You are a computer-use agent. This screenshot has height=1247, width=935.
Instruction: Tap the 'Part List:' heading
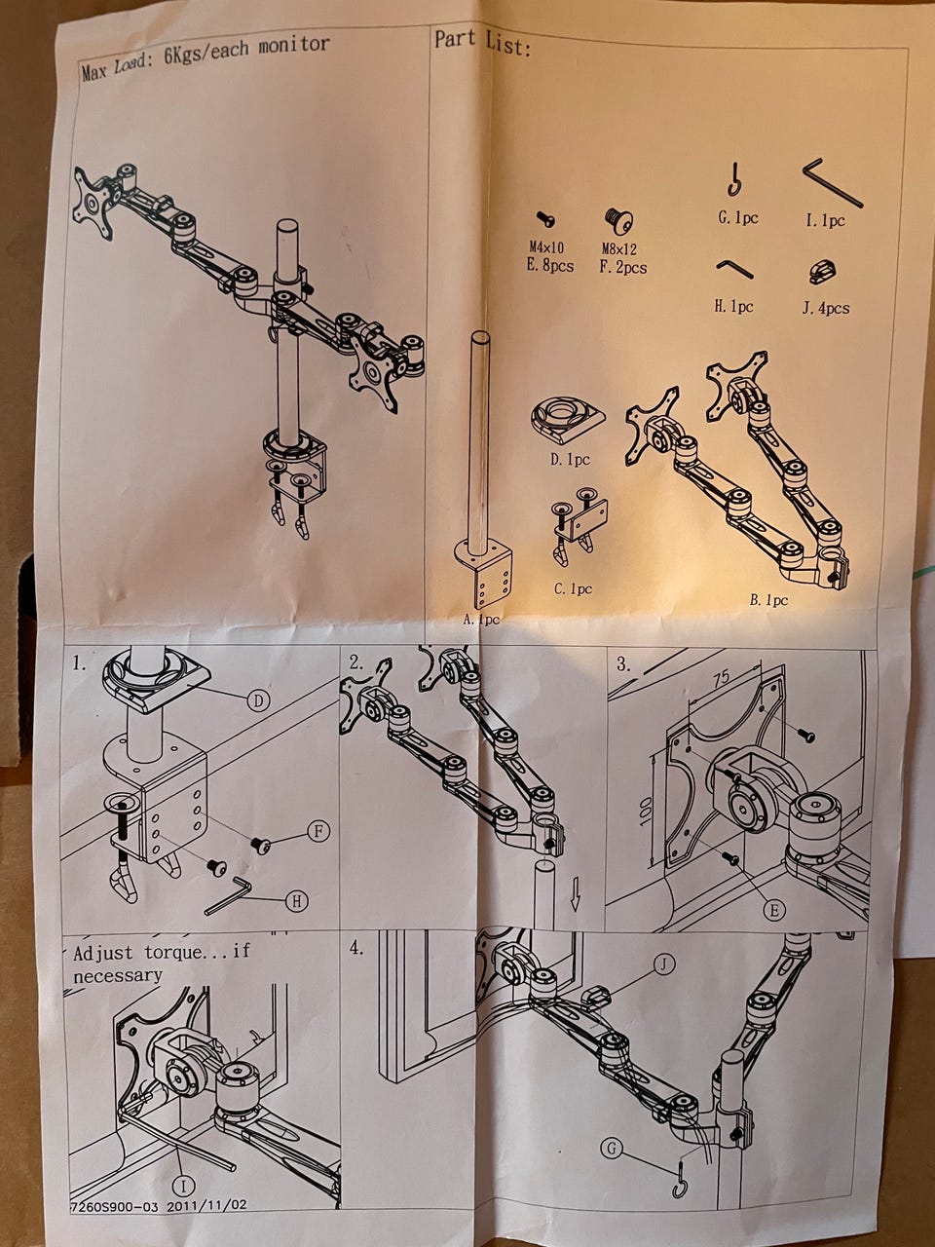click(x=483, y=43)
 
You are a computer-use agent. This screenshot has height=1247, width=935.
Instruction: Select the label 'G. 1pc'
click(x=738, y=218)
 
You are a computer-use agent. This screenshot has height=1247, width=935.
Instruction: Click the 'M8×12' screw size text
click(x=618, y=248)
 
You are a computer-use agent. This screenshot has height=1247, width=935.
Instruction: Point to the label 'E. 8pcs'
click(x=550, y=265)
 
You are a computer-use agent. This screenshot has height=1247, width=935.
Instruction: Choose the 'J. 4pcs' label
click(x=826, y=309)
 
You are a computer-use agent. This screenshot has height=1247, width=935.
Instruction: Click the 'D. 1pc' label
click(x=570, y=460)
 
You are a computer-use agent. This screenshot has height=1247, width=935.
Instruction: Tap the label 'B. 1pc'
click(x=768, y=600)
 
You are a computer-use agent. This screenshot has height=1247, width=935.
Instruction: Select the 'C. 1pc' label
click(x=573, y=589)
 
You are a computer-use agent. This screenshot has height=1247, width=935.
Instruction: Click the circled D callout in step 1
click(x=258, y=701)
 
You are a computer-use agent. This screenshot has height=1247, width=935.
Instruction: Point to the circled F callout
click(x=318, y=831)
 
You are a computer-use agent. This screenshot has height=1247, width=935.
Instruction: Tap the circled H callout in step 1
click(x=296, y=901)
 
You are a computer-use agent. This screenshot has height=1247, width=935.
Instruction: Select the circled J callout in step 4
click(x=664, y=964)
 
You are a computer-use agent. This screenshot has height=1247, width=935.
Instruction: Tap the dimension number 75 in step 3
click(x=722, y=678)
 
